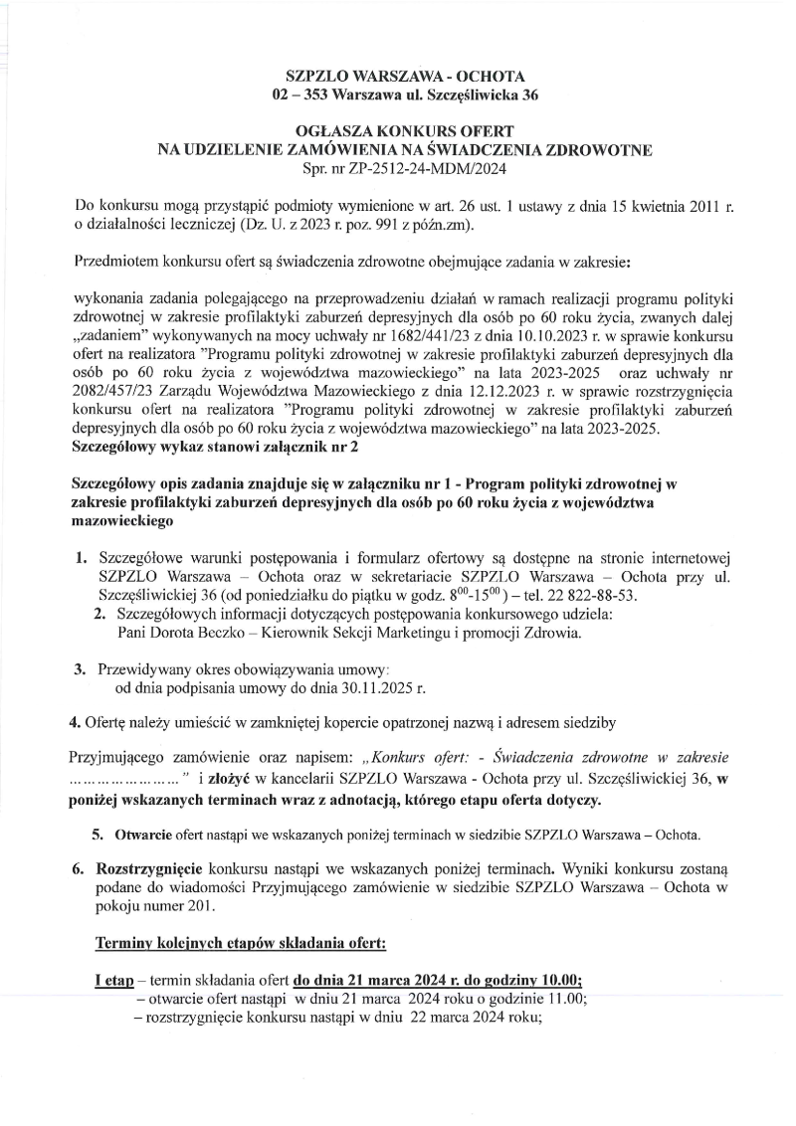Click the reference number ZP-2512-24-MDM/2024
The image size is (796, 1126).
pos(417,168)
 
